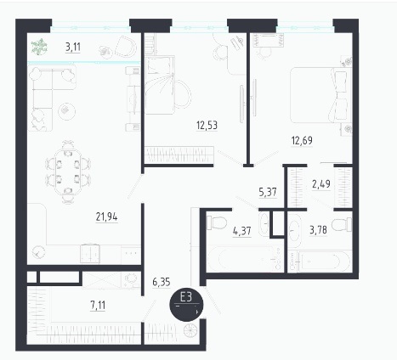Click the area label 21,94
(x=106, y=217)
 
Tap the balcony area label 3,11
(x=73, y=47)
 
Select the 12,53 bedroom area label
(x=207, y=125)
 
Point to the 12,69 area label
(x=302, y=140)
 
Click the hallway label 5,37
(x=268, y=192)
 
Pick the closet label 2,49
(x=321, y=184)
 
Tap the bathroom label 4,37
(x=242, y=231)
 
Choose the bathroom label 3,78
(x=318, y=230)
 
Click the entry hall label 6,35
(x=162, y=282)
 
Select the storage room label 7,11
(x=98, y=306)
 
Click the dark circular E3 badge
(x=186, y=305)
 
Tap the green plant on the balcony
(x=39, y=47)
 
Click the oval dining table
(x=68, y=172)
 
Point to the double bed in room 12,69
(x=321, y=95)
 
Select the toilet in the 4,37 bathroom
(x=217, y=222)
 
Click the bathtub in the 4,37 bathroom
(x=245, y=259)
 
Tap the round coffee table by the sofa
(x=66, y=111)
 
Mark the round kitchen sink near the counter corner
(x=38, y=251)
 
